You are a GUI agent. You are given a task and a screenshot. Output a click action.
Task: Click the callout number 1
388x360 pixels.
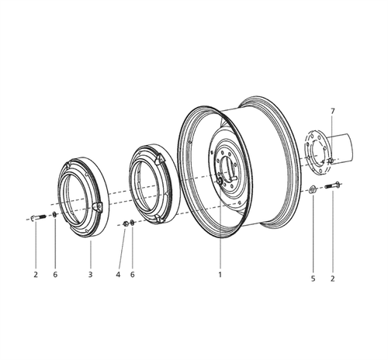[x=220, y=275]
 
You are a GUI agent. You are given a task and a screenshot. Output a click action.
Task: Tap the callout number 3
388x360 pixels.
[x=91, y=275]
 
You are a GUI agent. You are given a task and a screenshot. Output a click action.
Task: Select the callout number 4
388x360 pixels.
[x=119, y=275]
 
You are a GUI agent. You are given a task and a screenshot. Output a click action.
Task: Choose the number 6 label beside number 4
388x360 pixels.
[x=132, y=275]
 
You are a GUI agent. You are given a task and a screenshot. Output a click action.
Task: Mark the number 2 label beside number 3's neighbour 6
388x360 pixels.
[x=36, y=275]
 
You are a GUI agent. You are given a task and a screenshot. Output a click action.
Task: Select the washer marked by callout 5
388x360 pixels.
[x=311, y=190]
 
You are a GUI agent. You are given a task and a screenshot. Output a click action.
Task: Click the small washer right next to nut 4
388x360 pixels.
[x=133, y=224]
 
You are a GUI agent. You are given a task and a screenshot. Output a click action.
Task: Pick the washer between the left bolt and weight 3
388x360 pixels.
[x=54, y=215]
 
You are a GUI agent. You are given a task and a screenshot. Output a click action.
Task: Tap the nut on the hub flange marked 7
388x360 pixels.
[x=330, y=161]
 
